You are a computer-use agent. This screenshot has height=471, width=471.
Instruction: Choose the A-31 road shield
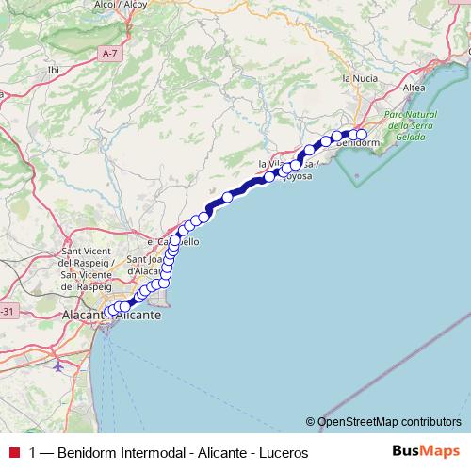click(x=8, y=312)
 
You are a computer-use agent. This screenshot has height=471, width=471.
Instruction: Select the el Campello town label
click(x=173, y=242)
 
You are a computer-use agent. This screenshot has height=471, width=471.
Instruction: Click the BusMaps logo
click(x=427, y=452)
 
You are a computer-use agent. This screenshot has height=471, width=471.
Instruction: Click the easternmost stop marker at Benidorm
click(x=361, y=135)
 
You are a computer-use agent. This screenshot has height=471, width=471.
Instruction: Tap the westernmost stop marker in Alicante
click(x=109, y=311)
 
